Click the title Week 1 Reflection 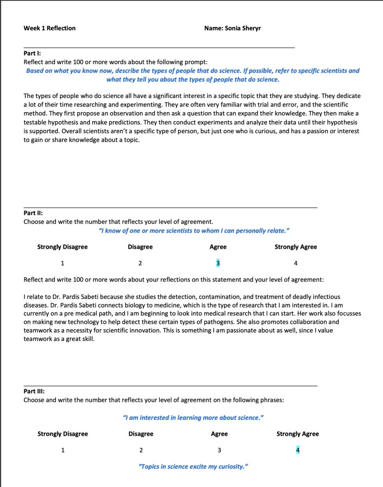pos(49,28)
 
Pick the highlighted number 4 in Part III pos(298,450)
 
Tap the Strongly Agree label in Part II pos(295,247)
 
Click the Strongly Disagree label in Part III pos(62,434)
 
